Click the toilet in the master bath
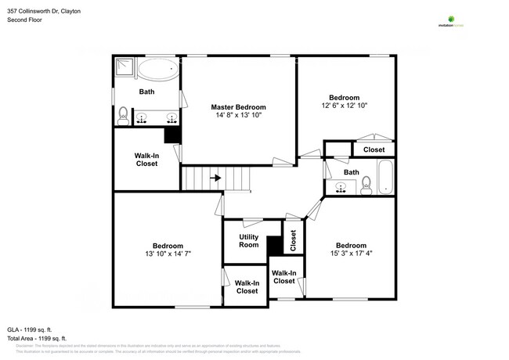[x=123, y=117]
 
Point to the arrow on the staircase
[x=217, y=178]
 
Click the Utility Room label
[x=248, y=241]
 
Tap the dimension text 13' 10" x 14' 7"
[x=168, y=254]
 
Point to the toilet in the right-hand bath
[x=365, y=185]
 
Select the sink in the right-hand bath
[x=340, y=187]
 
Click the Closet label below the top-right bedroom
[x=374, y=149]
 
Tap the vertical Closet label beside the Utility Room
[x=293, y=240]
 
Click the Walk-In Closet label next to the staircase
[x=146, y=160]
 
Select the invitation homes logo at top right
[x=451, y=21]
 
